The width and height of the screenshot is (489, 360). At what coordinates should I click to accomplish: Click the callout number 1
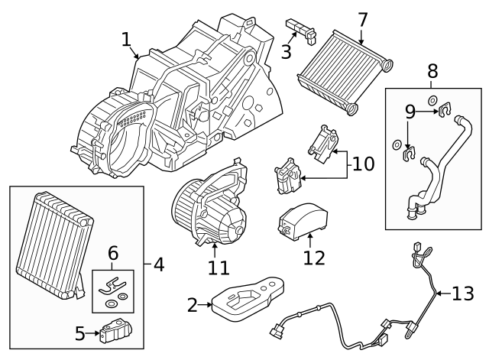(x=126, y=39)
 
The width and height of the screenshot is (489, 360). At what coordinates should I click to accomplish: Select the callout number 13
(x=463, y=294)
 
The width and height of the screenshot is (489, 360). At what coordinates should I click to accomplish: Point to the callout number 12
(x=314, y=258)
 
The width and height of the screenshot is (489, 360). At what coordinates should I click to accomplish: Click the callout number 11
(x=219, y=268)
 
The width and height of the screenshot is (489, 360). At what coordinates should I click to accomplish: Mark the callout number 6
(x=113, y=252)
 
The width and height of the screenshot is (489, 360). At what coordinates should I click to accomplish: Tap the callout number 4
(x=159, y=264)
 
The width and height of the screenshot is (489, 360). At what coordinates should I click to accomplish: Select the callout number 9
(x=410, y=112)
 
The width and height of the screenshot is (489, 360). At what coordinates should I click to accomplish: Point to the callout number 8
(x=432, y=72)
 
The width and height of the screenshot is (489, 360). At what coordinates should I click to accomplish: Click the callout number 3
(x=286, y=52)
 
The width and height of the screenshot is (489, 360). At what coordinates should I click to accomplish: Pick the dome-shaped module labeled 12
(x=303, y=217)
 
